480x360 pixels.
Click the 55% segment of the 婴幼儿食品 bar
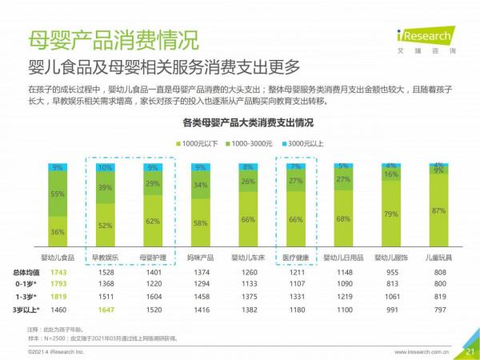pyautogui.click(x=58, y=194)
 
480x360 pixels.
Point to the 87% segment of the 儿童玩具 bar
pyautogui.click(x=438, y=210)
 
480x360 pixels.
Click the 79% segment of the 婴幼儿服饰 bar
pyautogui.click(x=391, y=214)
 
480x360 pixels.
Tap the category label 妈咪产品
pyautogui.click(x=201, y=258)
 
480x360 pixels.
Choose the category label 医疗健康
pyautogui.click(x=295, y=258)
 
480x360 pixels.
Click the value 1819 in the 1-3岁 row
pyautogui.click(x=58, y=297)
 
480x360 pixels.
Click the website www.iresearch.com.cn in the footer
pyautogui.click(x=422, y=351)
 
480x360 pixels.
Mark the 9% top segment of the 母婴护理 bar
pyautogui.click(x=153, y=168)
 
